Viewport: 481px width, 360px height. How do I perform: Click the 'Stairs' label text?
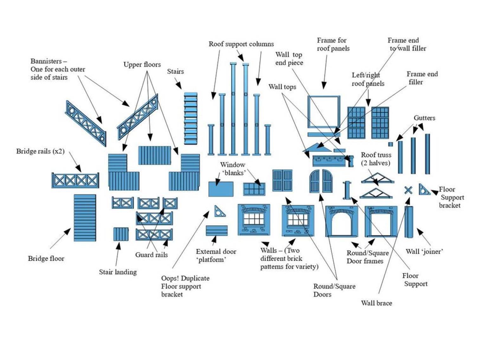[175, 72]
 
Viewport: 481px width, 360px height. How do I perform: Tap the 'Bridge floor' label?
[46, 259]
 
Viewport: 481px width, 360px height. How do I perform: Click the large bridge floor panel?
[85, 218]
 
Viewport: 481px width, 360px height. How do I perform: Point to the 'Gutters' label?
[424, 118]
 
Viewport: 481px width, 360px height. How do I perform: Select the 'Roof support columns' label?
[241, 44]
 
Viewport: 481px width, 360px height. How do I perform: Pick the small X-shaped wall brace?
[408, 190]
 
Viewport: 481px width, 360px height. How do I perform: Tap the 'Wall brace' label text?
[376, 303]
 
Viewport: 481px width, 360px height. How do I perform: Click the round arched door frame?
[342, 221]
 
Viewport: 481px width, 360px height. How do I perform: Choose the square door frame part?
[381, 221]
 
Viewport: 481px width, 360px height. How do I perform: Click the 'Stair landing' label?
[118, 272]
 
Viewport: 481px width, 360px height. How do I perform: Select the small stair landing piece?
[121, 234]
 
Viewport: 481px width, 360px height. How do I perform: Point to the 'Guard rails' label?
[151, 255]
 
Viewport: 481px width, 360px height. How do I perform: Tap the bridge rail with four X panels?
[75, 180]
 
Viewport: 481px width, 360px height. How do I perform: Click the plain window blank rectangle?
[221, 189]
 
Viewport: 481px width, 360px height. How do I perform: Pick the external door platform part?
[216, 230]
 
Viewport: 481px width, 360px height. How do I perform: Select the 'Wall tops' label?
[282, 87]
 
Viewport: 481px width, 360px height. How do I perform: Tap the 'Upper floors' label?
[142, 65]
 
